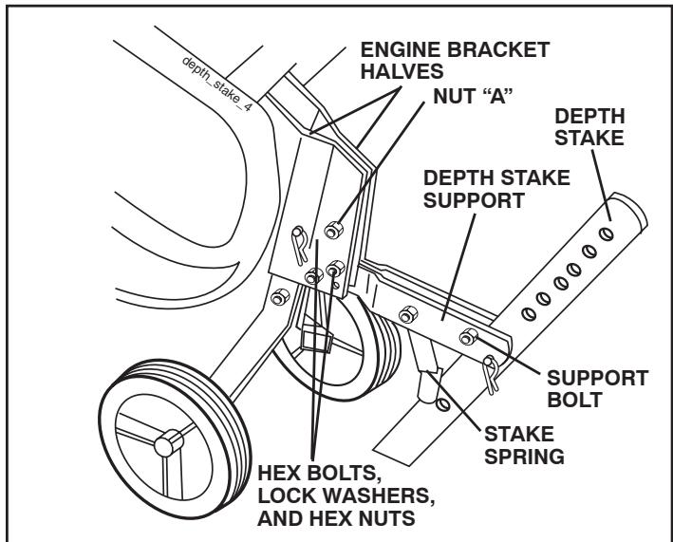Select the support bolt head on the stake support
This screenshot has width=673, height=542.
[x=470, y=337]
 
